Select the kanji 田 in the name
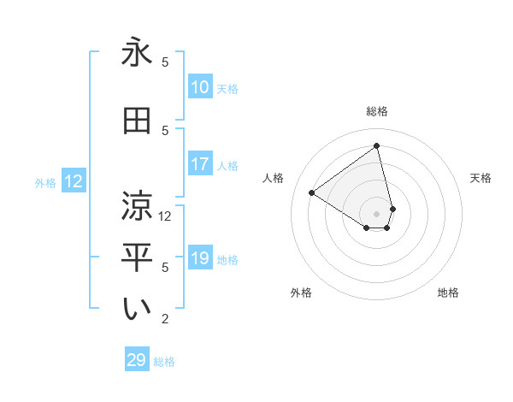point(137,121)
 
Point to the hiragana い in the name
point(137,310)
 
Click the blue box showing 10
point(200,87)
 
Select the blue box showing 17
point(200,165)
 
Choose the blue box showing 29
point(137,360)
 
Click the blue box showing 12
point(74,181)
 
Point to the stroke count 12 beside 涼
point(166,216)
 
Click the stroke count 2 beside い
point(166,319)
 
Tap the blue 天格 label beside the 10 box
point(227,88)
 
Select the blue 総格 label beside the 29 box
point(164,362)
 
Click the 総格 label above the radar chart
point(377,111)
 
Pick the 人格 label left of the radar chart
point(274,178)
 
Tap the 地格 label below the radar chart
point(448,293)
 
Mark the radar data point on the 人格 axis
point(312,192)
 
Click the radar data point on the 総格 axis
point(377,146)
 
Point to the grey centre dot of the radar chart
point(377,213)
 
